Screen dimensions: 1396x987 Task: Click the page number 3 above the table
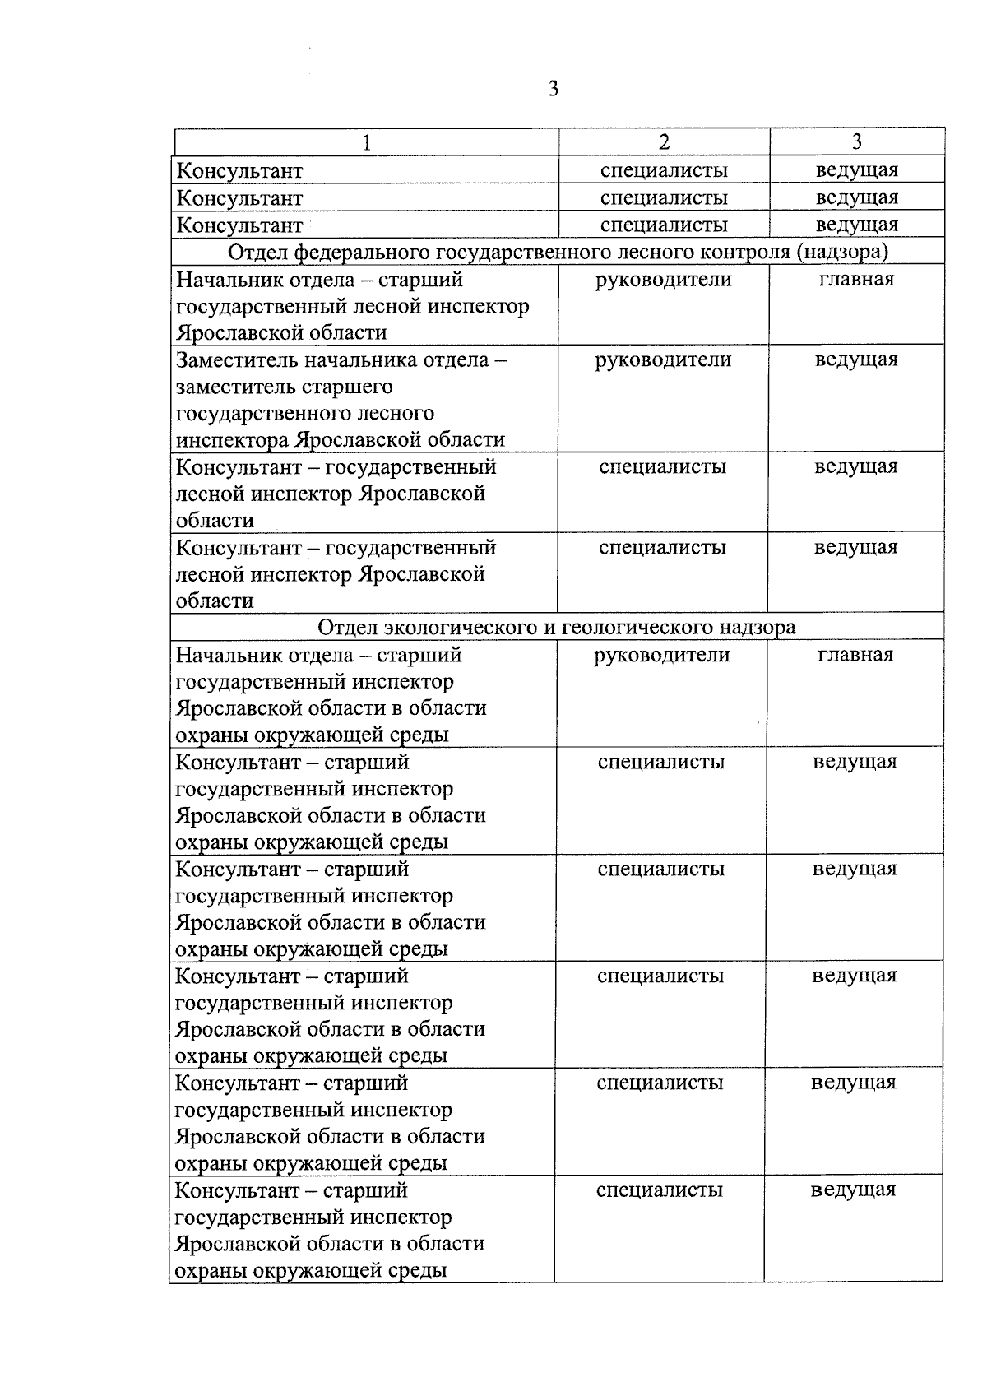coord(554,89)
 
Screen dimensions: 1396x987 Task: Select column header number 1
coord(367,142)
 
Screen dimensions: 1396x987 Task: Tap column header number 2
coord(664,142)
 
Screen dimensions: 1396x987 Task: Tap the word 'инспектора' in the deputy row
coord(231,440)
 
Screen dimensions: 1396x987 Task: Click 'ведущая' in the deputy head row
coord(856,359)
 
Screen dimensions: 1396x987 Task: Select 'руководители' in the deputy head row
coord(663,359)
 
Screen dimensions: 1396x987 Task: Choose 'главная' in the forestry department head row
coord(856,279)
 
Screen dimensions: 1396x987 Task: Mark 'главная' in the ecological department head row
coord(855,655)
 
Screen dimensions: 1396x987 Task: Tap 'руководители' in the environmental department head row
coord(662,655)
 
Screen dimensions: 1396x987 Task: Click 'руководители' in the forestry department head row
coord(663,280)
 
